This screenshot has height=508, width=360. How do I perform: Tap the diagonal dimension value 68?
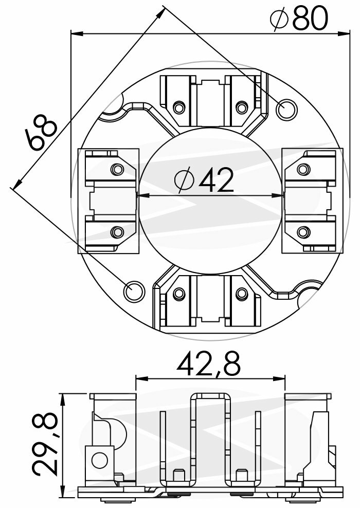click(41, 133)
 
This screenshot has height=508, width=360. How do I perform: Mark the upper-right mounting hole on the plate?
click(285, 108)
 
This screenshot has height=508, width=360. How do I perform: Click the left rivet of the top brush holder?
click(179, 107)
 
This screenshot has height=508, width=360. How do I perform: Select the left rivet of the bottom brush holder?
click(179, 294)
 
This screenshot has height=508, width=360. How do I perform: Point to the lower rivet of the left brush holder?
click(117, 232)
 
